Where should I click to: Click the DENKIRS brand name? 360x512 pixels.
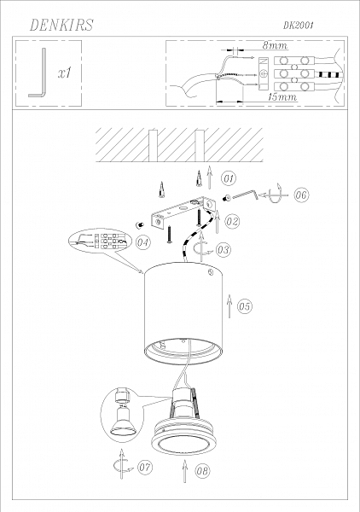click(x=61, y=25)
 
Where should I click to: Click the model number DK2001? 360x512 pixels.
click(x=298, y=25)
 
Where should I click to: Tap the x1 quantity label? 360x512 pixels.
click(x=65, y=73)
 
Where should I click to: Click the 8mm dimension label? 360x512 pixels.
click(x=275, y=45)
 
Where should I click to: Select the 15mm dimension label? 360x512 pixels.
click(x=282, y=97)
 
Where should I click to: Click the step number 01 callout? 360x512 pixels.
click(x=229, y=178)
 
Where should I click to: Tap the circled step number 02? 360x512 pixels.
click(x=232, y=221)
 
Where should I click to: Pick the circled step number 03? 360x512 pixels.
click(x=224, y=250)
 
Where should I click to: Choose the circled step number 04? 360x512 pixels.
click(x=143, y=242)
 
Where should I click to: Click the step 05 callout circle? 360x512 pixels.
click(x=245, y=306)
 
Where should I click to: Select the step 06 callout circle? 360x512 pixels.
click(x=301, y=195)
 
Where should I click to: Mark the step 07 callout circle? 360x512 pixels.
click(x=144, y=467)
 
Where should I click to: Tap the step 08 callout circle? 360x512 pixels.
click(x=202, y=470)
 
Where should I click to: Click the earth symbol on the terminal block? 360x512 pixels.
click(x=264, y=73)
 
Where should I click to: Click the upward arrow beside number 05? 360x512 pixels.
click(x=229, y=306)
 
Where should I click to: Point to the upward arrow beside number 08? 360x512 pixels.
click(x=185, y=471)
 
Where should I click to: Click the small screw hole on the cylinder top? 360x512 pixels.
click(x=210, y=271)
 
